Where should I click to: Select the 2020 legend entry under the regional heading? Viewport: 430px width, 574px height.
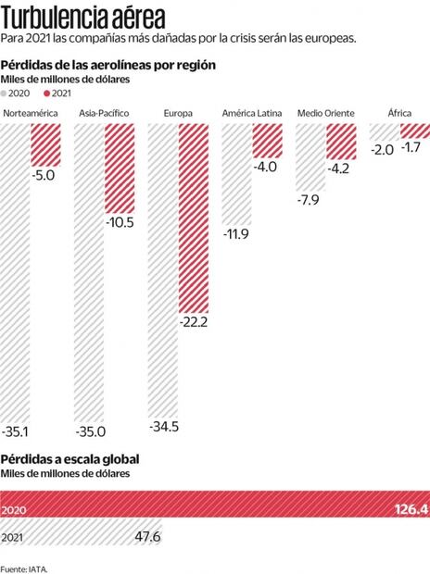pyautogui.click(x=19, y=94)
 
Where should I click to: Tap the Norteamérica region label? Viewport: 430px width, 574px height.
pyautogui.click(x=32, y=113)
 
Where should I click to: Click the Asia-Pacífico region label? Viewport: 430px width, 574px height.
pyautogui.click(x=104, y=113)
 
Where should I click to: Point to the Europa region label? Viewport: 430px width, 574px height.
pyautogui.click(x=177, y=113)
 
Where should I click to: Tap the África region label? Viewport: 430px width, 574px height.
pyautogui.click(x=398, y=113)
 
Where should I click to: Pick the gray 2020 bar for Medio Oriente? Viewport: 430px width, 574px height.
pyautogui.click(x=310, y=153)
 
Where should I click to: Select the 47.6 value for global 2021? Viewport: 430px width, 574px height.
pyautogui.click(x=146, y=536)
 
